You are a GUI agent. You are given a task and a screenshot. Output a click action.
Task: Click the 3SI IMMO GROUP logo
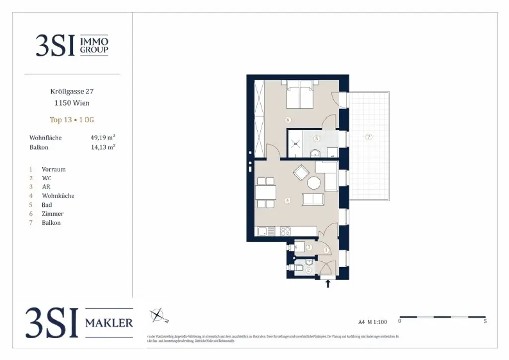pyautogui.click(x=72, y=45)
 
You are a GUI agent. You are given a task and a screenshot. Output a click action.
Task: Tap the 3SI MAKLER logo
pyautogui.click(x=80, y=323)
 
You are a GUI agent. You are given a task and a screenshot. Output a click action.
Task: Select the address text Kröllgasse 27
pyautogui.click(x=72, y=91)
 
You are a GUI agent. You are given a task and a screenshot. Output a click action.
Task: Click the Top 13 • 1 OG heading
pyautogui.click(x=72, y=120)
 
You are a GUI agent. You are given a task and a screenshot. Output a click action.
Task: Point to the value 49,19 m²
pyautogui.click(x=103, y=138)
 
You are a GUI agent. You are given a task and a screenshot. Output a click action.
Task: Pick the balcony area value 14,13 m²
pyautogui.click(x=103, y=147)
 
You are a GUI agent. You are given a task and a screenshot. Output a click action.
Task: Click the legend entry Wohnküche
pyautogui.click(x=58, y=196)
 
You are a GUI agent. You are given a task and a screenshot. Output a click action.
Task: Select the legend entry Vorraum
pyautogui.click(x=53, y=169)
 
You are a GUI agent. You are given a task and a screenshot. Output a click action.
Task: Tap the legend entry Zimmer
pyautogui.click(x=52, y=214)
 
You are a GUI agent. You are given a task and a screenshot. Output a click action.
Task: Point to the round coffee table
pyautogui.click(x=314, y=183)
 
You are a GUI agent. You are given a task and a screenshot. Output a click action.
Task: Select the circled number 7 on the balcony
pyautogui.click(x=369, y=137)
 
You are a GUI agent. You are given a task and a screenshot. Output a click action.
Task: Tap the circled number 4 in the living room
pyautogui.click(x=287, y=201)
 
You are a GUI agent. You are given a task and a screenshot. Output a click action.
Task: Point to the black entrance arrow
pyautogui.click(x=328, y=284)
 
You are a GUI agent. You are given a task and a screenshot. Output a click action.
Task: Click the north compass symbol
pyautogui.click(x=157, y=315)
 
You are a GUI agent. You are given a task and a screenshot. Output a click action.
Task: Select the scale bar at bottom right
pyautogui.click(x=442, y=317)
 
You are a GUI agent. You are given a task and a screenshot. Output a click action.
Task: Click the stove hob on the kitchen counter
pyautogui.click(x=286, y=231)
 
